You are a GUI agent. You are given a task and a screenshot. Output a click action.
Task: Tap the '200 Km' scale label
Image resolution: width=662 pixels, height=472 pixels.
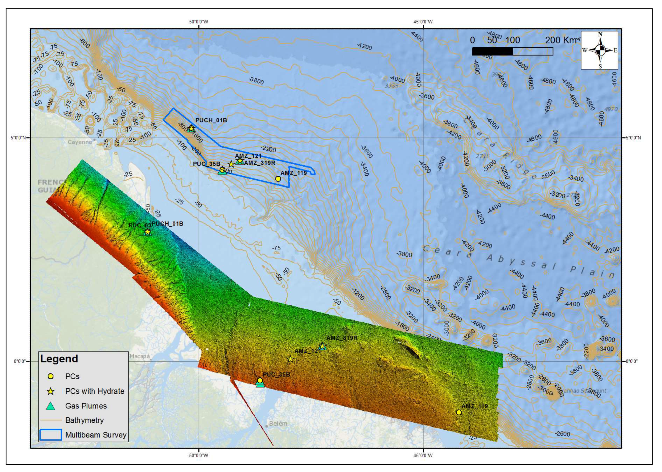click(x=561, y=40)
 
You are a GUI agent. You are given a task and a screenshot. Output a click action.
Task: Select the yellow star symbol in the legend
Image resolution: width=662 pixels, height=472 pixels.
click(x=51, y=391)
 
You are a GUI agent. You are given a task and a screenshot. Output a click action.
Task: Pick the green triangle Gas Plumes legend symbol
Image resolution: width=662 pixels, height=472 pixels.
click(x=51, y=406)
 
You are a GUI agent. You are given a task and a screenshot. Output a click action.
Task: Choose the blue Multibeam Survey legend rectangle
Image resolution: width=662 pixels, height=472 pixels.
click(x=50, y=435)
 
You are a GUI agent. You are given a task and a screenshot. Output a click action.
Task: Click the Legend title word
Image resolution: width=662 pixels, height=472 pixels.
click(x=59, y=359)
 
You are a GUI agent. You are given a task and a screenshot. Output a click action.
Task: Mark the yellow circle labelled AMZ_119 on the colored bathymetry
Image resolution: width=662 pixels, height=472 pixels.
click(x=459, y=412)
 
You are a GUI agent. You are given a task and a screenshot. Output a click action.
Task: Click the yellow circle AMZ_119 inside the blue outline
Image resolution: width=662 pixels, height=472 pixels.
click(x=278, y=179)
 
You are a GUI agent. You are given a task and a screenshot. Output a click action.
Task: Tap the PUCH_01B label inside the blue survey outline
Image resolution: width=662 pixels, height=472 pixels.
click(x=211, y=120)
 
